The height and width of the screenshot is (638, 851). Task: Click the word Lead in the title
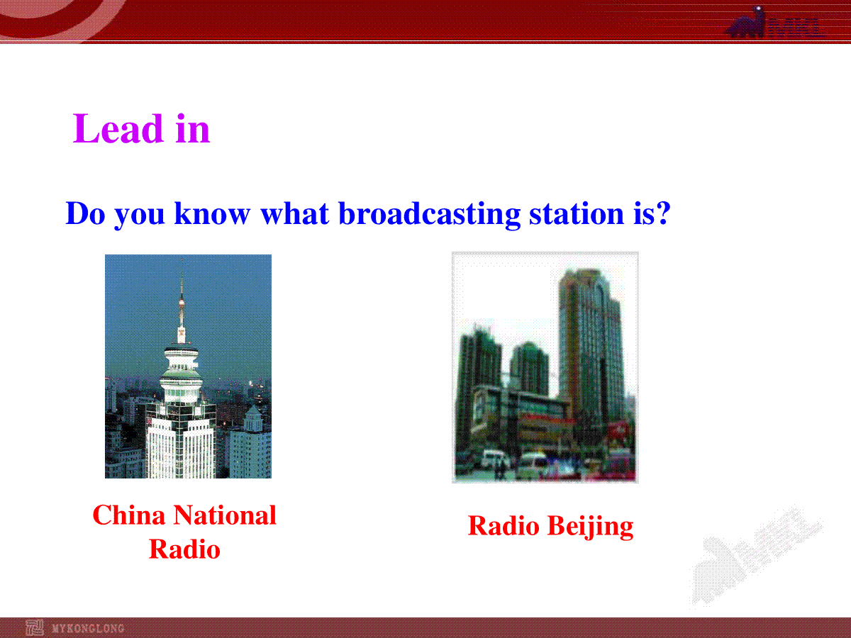coord(118,128)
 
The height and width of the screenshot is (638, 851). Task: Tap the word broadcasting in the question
coord(430,213)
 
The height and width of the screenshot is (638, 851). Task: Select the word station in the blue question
coord(577,213)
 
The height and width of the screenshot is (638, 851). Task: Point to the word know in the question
coord(212,213)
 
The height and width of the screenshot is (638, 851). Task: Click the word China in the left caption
coord(129,515)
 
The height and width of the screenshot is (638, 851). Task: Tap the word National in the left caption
coord(225,515)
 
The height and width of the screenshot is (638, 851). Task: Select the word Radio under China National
coord(184,549)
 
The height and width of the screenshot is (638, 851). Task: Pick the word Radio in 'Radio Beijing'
coord(504,526)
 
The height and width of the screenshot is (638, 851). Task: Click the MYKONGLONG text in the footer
coord(88,628)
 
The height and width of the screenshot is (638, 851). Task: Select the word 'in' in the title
coord(192,130)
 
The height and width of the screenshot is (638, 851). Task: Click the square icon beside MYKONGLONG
coord(35,628)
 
